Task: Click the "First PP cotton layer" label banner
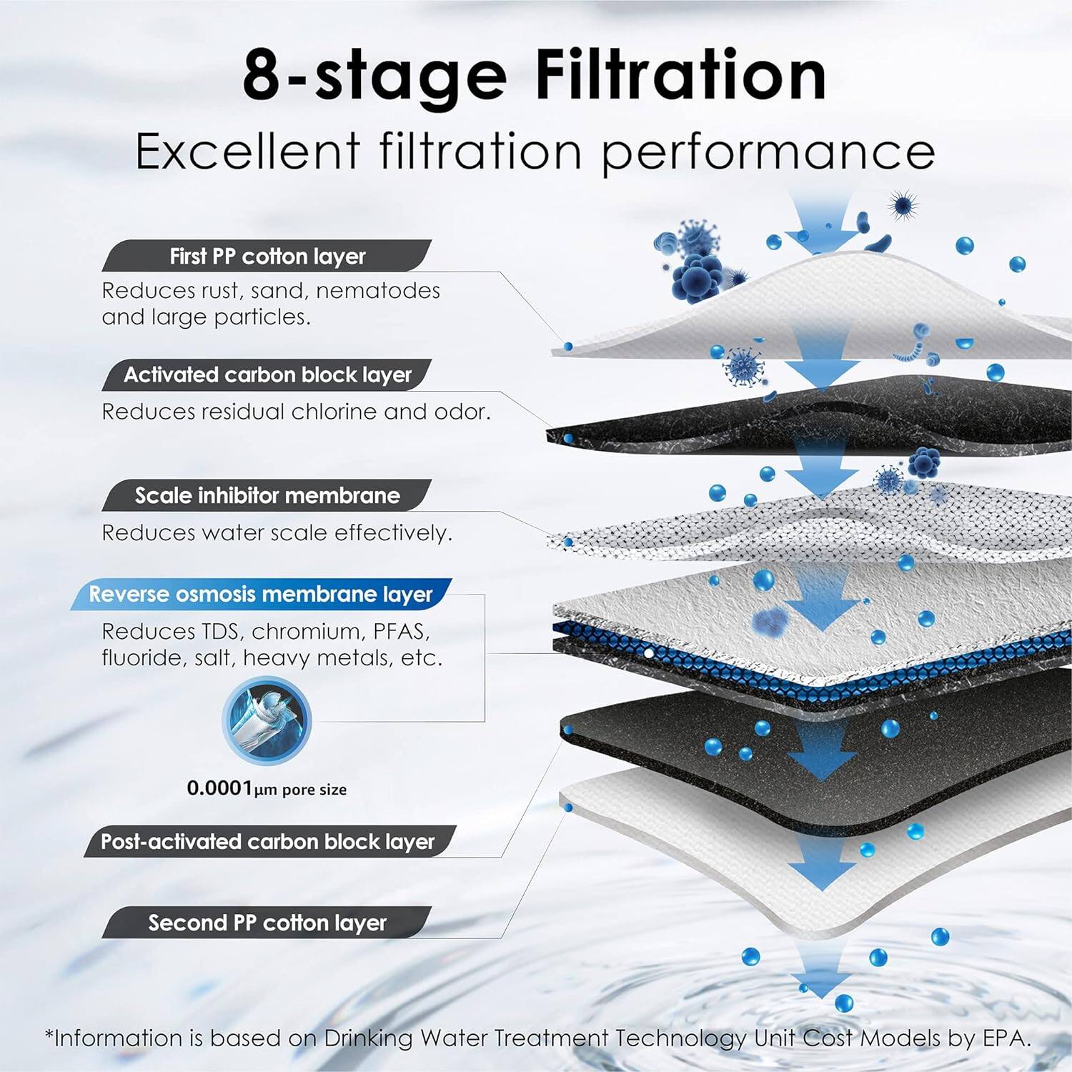tap(267, 256)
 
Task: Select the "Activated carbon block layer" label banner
tap(267, 374)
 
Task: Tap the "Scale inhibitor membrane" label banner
tap(267, 495)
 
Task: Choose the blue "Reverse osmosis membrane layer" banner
tap(261, 594)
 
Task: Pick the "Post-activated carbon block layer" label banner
tap(267, 841)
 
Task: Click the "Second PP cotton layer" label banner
tap(267, 923)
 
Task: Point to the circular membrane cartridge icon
tap(267, 719)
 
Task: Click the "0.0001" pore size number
tap(219, 788)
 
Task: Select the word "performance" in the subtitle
tap(768, 152)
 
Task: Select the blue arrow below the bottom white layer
tap(820, 972)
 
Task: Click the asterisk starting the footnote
tap(49, 1035)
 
